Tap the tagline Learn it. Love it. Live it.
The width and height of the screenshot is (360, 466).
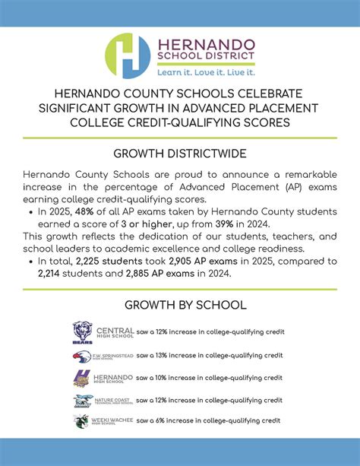(205, 73)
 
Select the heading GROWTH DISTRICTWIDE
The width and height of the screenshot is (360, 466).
(179, 154)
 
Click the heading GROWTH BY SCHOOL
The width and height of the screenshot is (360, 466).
(179, 305)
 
